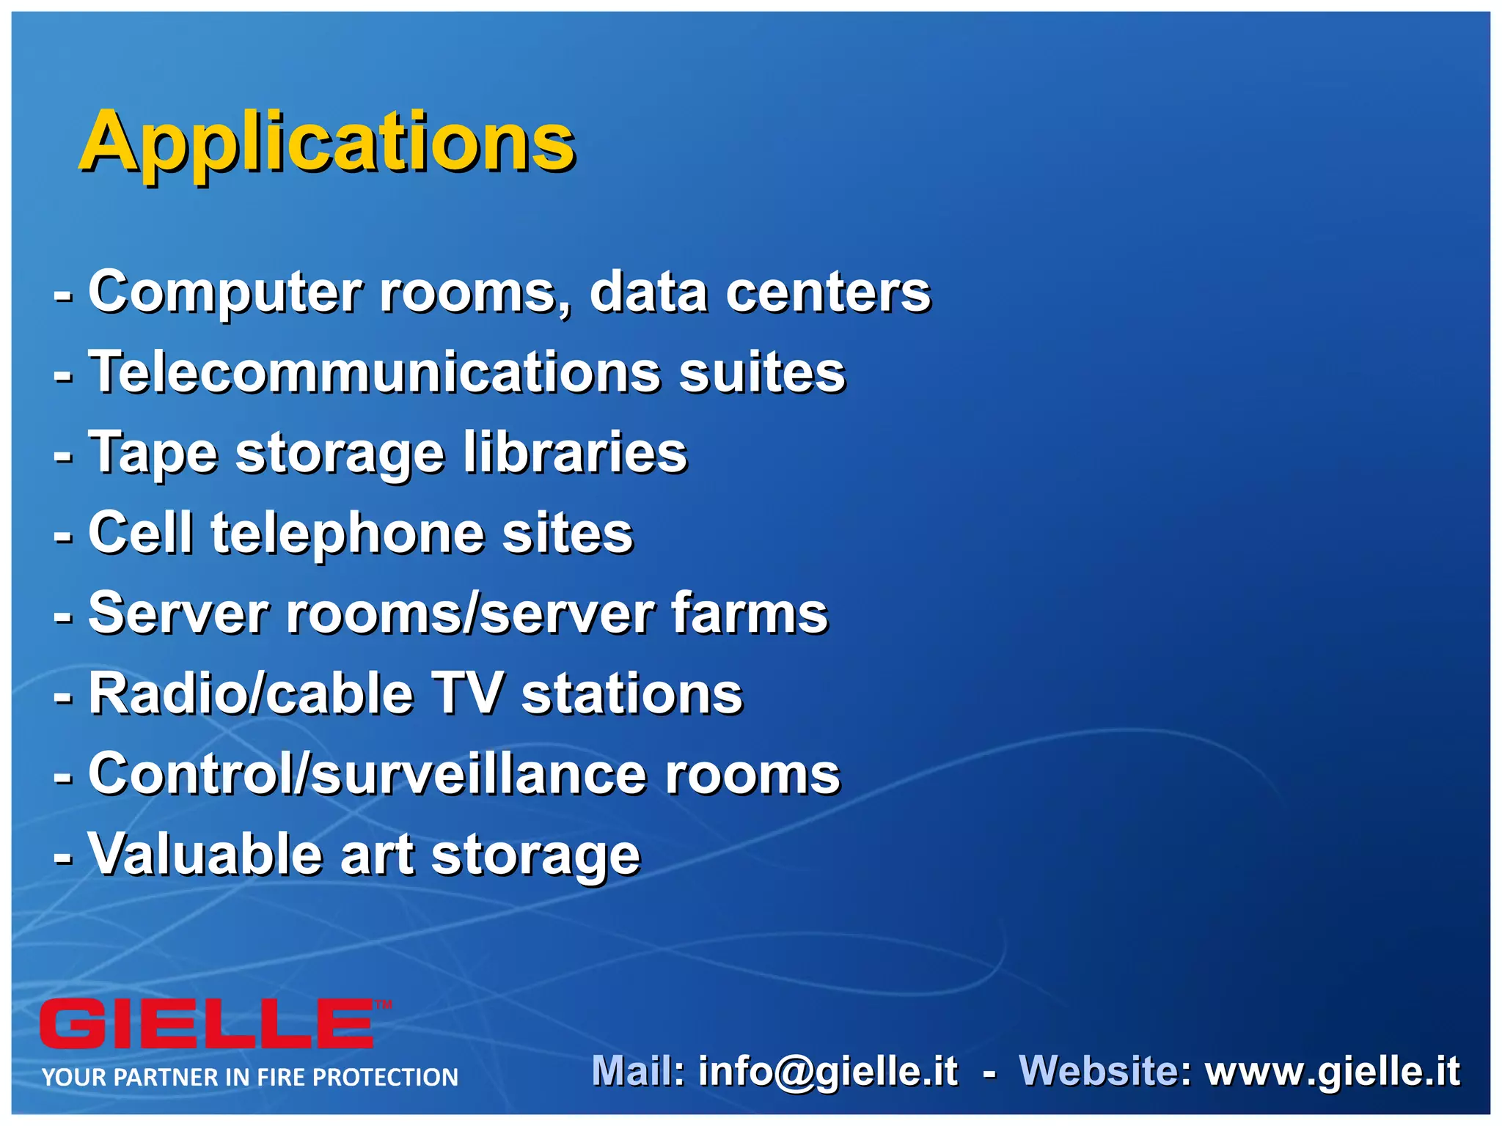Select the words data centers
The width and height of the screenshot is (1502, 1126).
point(760,292)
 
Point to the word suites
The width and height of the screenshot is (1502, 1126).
point(762,372)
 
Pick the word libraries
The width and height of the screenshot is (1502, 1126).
point(574,452)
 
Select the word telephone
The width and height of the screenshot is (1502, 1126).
point(347,534)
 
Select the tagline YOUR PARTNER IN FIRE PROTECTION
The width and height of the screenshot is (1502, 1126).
point(250,1077)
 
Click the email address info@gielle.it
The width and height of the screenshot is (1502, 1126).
point(828,1071)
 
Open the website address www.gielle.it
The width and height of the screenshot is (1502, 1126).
point(1333,1071)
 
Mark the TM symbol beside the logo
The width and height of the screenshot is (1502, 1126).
point(384,1005)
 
